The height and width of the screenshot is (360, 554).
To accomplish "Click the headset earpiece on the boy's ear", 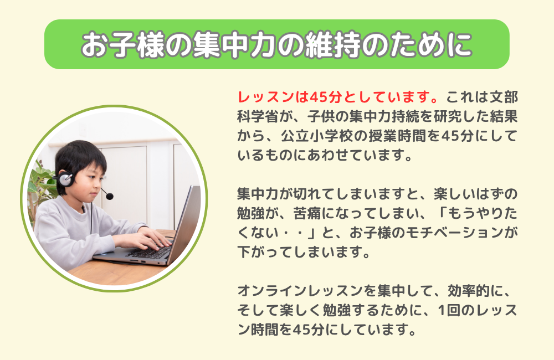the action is [x=65, y=179].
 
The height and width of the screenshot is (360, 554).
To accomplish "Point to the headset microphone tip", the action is [x=110, y=196].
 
